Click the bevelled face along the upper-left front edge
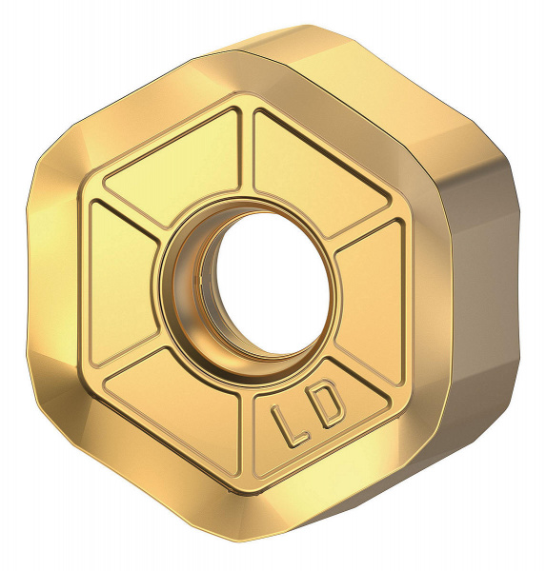click(x=114, y=114)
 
